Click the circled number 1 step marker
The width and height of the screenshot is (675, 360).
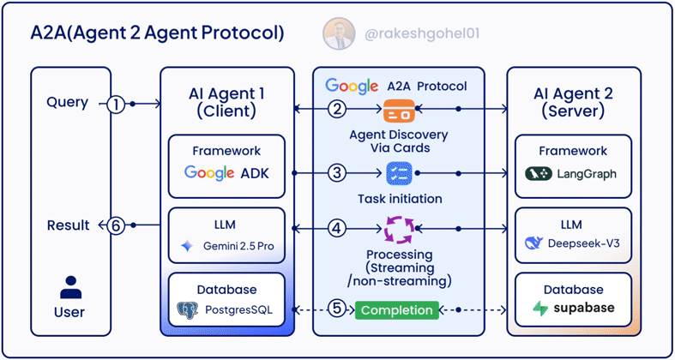click(x=117, y=105)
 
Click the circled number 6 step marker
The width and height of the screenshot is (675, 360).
click(x=117, y=226)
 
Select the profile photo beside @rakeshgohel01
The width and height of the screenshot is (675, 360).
click(x=339, y=33)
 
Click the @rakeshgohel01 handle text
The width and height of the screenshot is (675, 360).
click(x=410, y=34)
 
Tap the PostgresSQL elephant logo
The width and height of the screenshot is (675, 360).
click(x=187, y=310)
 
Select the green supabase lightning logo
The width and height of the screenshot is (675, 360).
click(x=541, y=309)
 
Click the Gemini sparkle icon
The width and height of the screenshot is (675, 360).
click(x=187, y=246)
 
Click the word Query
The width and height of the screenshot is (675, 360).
click(x=68, y=102)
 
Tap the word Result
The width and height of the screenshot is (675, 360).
click(x=69, y=225)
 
